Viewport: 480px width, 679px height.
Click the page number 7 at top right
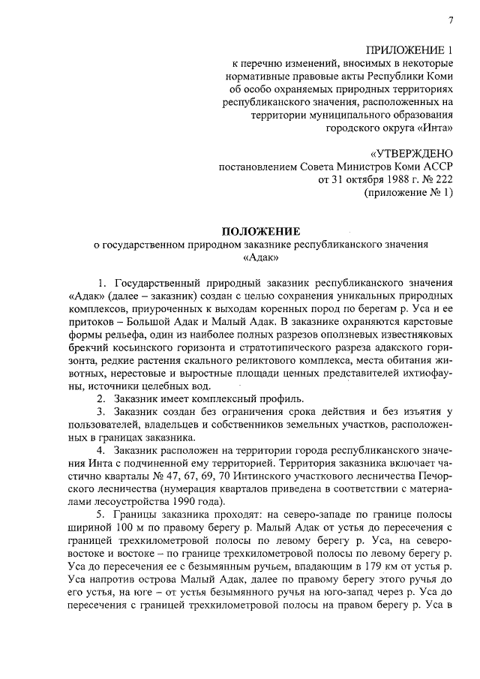(451, 20)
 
